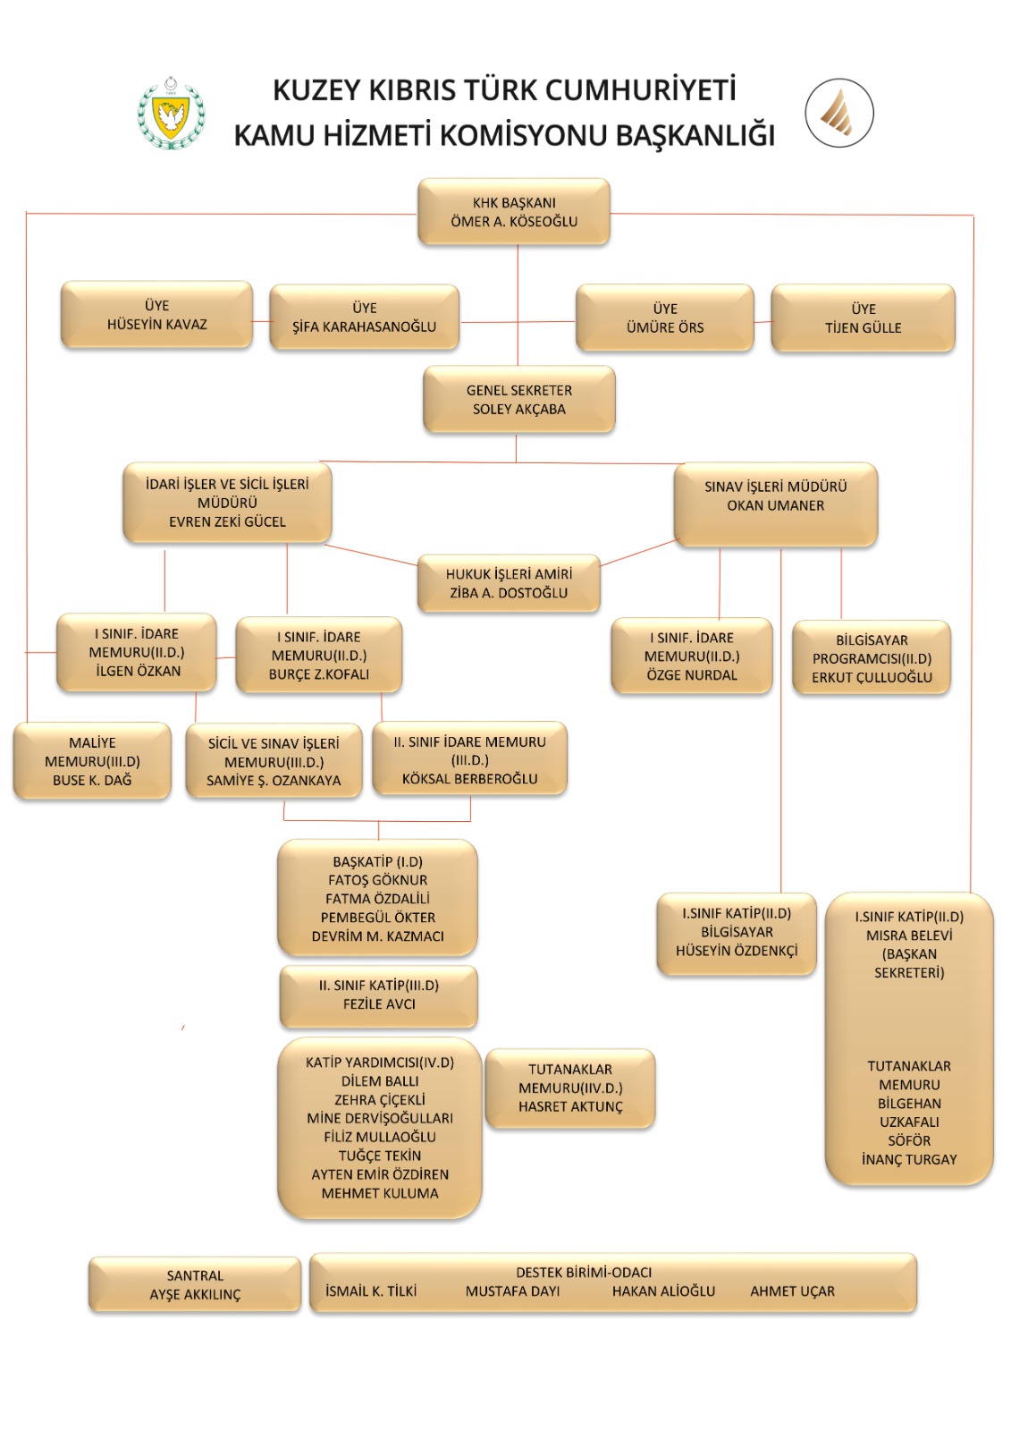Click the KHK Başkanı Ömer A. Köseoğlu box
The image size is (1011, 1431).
[514, 212]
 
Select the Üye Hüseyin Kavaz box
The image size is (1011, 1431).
[156, 315]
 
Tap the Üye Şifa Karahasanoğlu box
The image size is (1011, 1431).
[364, 318]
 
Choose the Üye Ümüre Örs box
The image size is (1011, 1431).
[665, 318]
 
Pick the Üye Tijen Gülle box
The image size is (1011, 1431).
[863, 318]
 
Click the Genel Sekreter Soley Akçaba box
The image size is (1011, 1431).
[518, 400]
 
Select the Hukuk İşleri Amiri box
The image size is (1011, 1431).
[509, 583]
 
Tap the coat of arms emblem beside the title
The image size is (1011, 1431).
[171, 114]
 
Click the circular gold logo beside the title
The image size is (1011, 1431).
[838, 113]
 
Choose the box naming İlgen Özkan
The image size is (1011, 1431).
[137, 652]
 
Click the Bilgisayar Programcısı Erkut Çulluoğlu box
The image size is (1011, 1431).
[872, 658]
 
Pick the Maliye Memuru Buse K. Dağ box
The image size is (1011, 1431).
[92, 761]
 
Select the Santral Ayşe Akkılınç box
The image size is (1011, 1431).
[195, 1285]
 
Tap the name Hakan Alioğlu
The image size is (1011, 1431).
[663, 1291]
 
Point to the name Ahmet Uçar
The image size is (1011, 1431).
[792, 1291]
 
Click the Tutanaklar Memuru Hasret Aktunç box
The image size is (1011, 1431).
[570, 1088]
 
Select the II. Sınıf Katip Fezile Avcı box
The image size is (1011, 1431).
[379, 995]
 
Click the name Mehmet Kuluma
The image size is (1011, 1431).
[380, 1193]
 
